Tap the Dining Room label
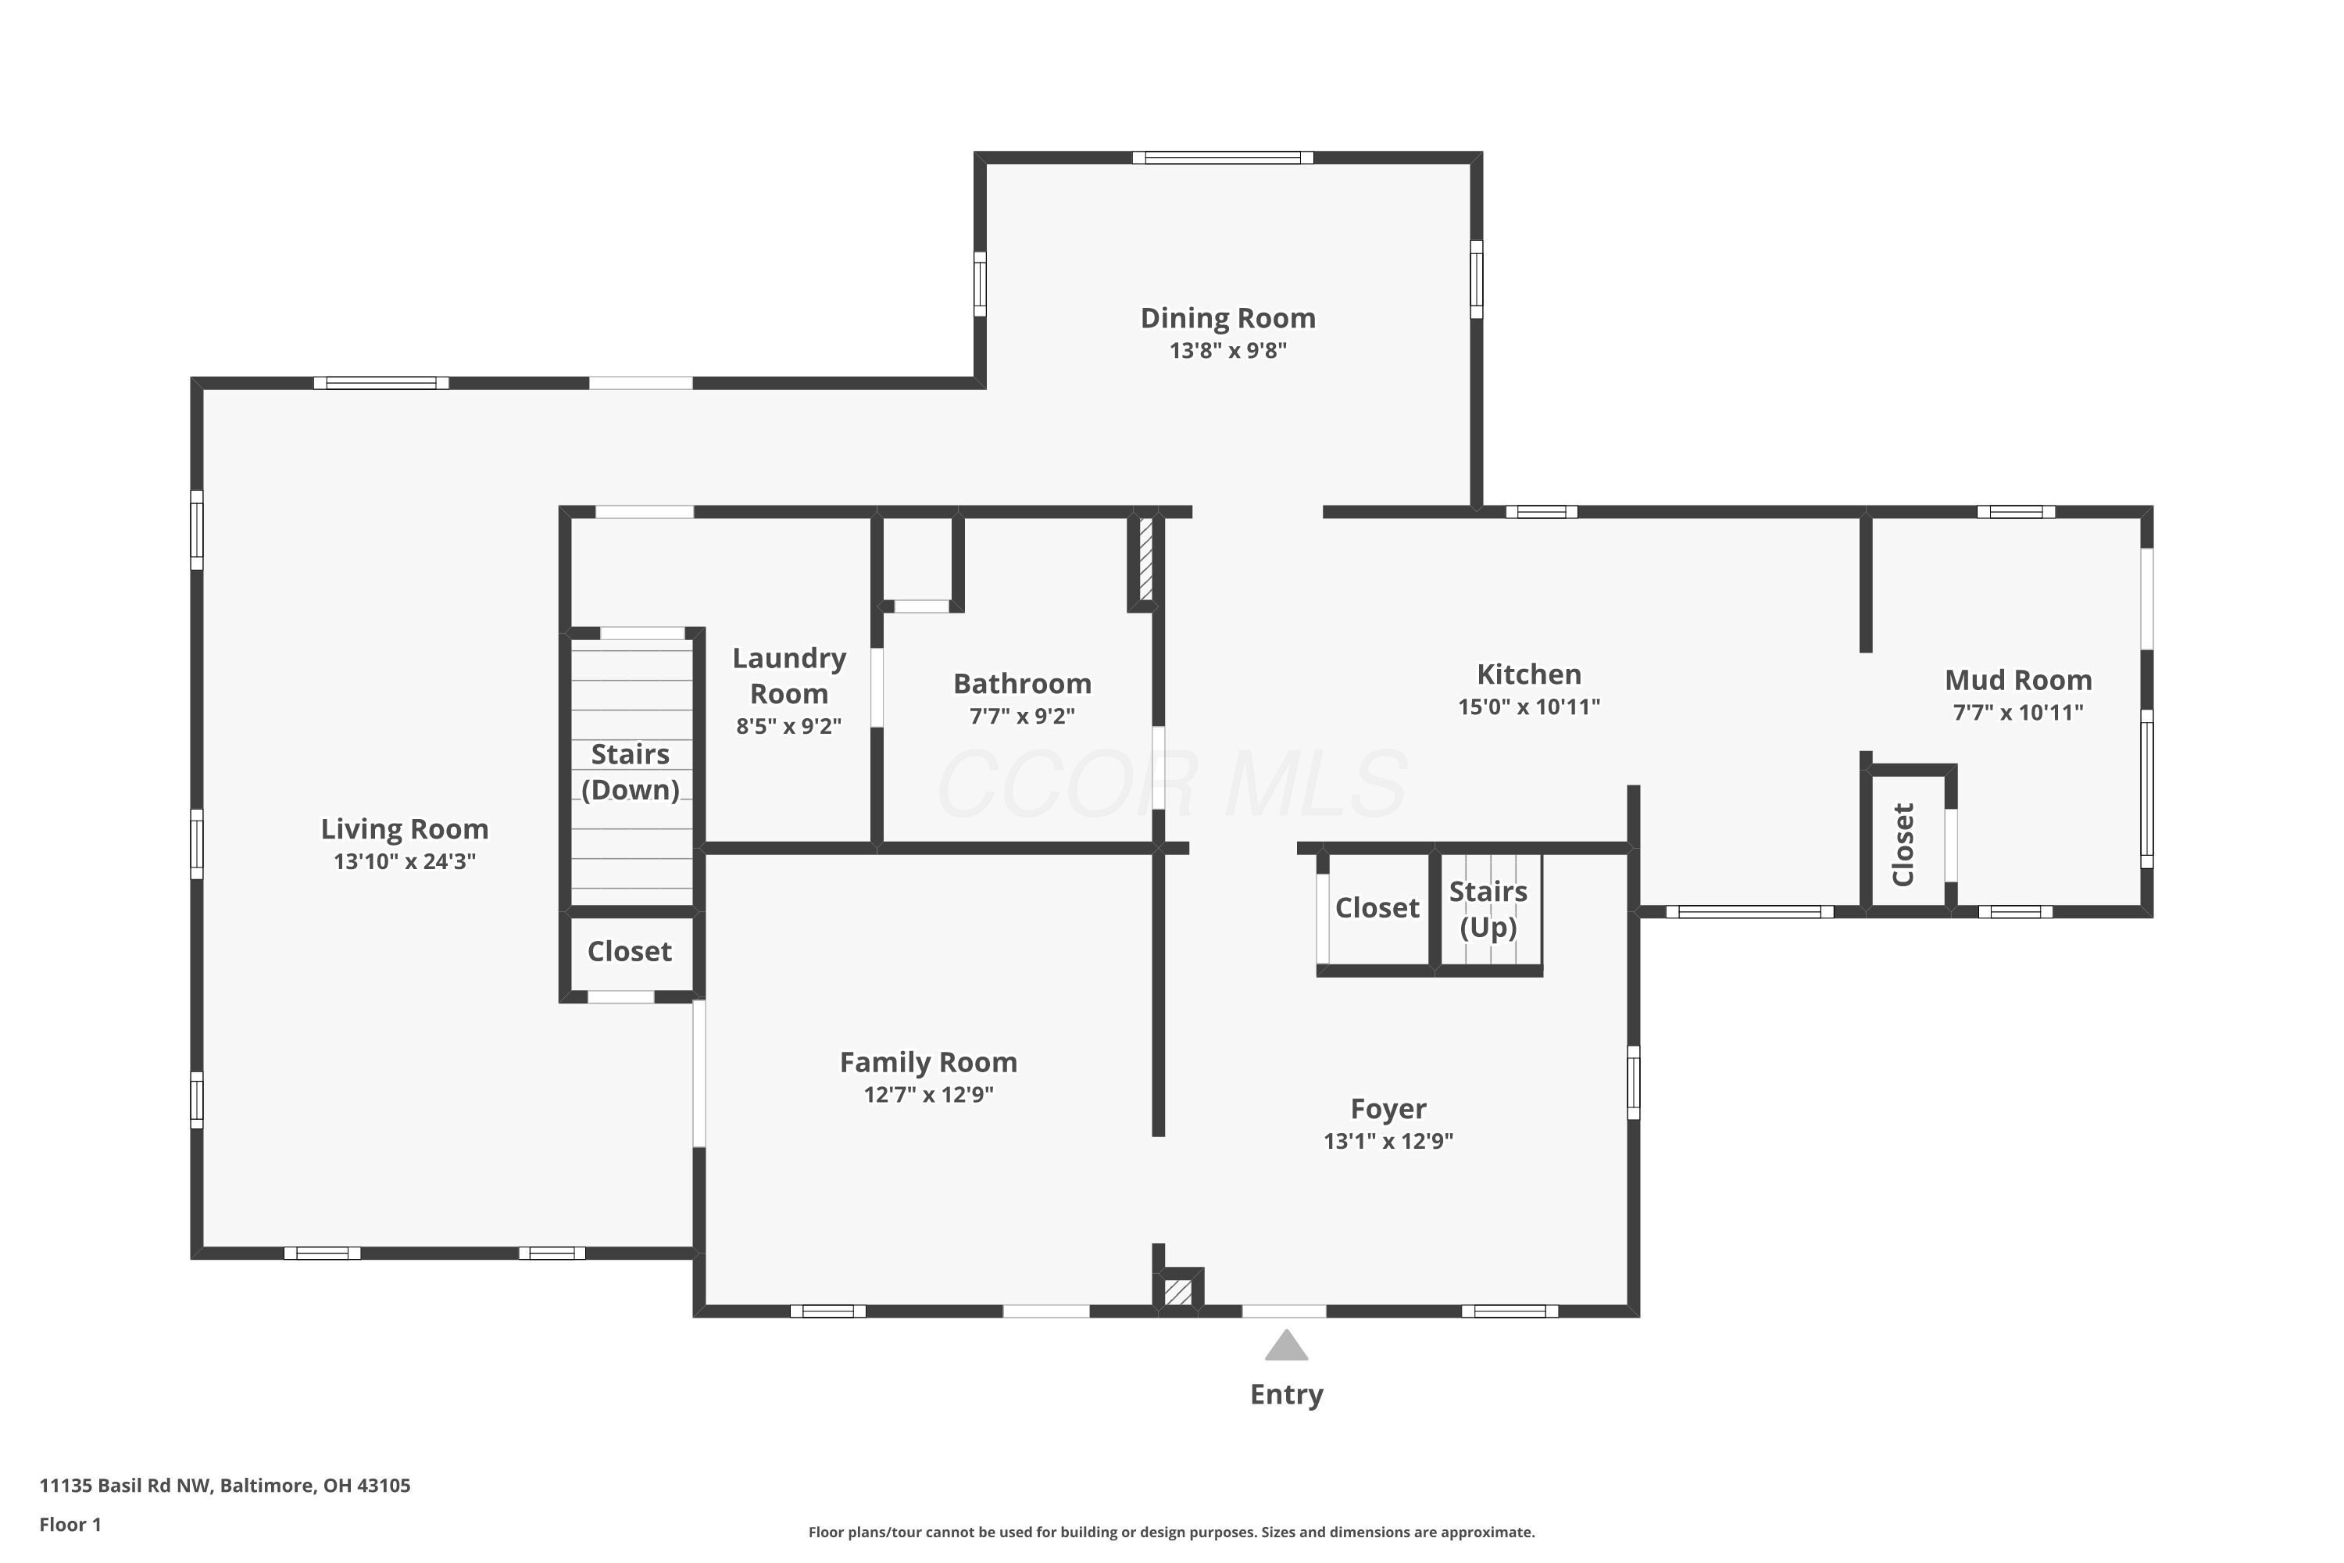1227,318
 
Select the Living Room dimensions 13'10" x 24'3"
405,861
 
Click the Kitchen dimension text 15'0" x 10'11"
1529,706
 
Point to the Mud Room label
2018,680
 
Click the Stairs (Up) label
1488,909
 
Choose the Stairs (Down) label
630,771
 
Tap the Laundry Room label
789,676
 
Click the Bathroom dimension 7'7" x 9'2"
1023,716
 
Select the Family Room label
929,1063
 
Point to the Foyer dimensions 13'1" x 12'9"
1388,1140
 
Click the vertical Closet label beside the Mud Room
1903,844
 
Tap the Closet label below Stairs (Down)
630,951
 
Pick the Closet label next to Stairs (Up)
1377,907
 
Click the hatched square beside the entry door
1178,1292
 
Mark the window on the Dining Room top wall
1223,158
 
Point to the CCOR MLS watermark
1172,785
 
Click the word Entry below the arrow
1287,1394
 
